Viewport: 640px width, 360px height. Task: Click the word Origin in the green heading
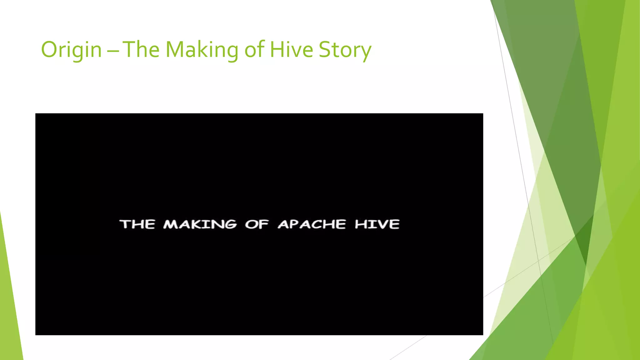(71, 50)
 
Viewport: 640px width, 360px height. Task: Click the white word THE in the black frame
(137, 224)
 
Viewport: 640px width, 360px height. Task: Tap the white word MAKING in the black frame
(200, 224)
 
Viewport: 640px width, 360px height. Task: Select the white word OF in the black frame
(257, 224)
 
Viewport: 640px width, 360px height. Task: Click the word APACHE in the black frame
(312, 224)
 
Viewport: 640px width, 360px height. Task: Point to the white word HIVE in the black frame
(377, 224)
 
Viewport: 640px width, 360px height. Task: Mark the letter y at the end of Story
(366, 52)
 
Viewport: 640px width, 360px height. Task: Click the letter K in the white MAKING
(196, 224)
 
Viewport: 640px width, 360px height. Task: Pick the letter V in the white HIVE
(382, 224)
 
